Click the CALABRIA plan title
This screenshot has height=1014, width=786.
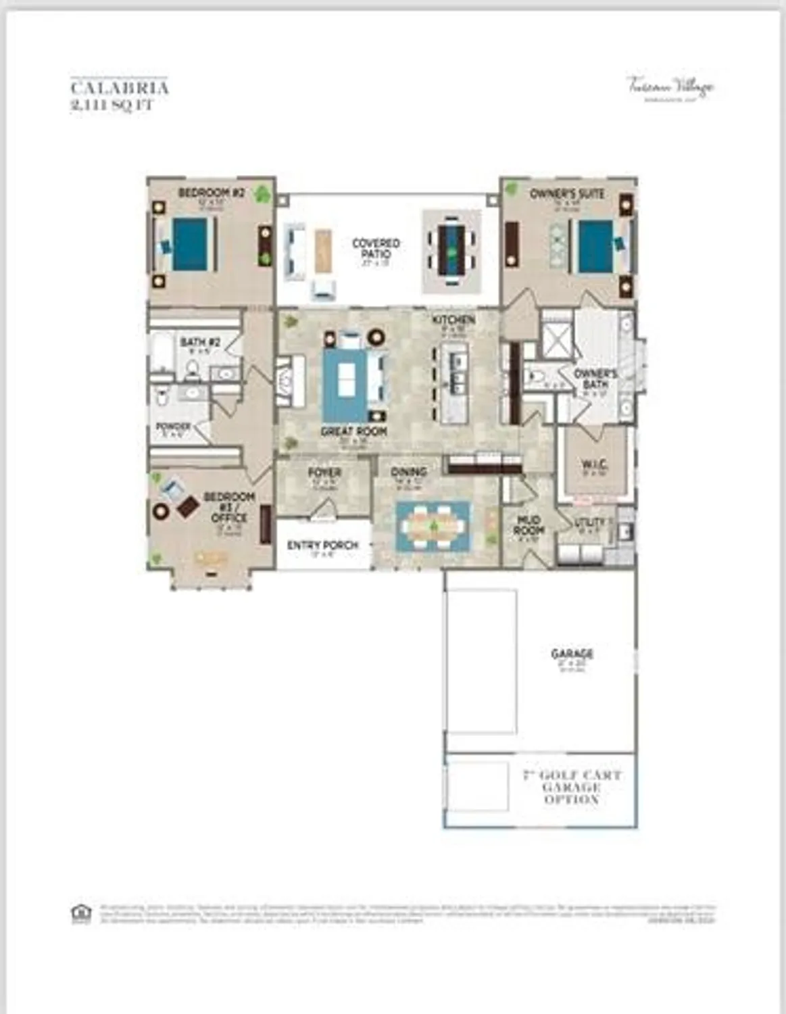[x=120, y=88]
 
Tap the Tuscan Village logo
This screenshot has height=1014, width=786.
[x=670, y=87]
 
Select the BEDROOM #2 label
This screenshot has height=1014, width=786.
[x=211, y=193]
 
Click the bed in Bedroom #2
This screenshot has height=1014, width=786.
[x=189, y=245]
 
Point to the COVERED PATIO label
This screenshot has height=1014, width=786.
[x=376, y=248]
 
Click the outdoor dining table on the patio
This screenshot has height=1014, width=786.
[x=451, y=249]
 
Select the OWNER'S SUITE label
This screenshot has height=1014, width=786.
[x=567, y=194]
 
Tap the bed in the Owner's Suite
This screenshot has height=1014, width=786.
[x=597, y=246]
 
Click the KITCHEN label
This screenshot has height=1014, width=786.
[x=453, y=320]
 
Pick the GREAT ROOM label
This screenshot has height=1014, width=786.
[x=353, y=431]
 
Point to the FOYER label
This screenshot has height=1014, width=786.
[x=324, y=473]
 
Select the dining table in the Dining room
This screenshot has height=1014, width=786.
[x=433, y=526]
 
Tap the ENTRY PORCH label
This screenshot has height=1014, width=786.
[x=322, y=545]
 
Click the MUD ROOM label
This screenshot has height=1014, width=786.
[x=529, y=525]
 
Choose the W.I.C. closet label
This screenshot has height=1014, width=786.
[x=594, y=465]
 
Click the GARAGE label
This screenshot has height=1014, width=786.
[x=572, y=654]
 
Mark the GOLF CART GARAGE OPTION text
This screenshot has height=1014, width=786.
[x=572, y=787]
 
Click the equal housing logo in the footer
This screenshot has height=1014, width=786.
[x=81, y=913]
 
